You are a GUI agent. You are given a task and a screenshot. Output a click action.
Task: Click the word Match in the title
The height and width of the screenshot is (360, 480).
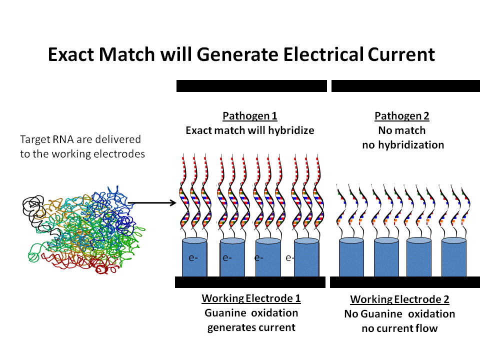(127, 54)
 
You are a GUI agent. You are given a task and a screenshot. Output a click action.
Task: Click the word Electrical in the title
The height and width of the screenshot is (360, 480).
(323, 54)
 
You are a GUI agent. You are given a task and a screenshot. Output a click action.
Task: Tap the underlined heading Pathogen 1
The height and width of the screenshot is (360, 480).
(250, 116)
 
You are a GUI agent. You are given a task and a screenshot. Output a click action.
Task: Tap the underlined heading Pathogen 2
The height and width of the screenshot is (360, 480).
(402, 116)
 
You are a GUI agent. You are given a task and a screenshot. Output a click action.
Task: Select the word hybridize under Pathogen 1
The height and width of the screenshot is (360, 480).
(291, 130)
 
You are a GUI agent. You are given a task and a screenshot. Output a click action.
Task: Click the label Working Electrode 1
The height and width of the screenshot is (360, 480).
(251, 298)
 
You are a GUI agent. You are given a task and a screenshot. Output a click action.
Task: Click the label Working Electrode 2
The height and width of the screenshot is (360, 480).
(399, 299)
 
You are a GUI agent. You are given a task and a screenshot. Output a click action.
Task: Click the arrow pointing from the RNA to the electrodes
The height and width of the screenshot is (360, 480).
(152, 202)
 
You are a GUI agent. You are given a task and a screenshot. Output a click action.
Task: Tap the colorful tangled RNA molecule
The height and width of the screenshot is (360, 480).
(84, 230)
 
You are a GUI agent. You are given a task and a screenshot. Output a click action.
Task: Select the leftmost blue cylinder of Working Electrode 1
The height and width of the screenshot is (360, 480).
(194, 257)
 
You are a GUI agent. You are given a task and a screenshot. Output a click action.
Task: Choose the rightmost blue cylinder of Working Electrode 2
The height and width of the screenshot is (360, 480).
(454, 257)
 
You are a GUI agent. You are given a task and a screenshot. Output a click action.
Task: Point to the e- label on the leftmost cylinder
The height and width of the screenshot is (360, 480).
(193, 258)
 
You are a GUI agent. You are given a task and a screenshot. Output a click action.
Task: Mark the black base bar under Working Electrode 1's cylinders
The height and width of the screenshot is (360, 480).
(250, 282)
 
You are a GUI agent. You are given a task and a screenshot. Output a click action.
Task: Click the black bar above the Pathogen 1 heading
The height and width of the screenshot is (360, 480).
(251, 86)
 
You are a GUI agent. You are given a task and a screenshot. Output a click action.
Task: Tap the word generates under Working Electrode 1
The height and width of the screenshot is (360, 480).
(230, 327)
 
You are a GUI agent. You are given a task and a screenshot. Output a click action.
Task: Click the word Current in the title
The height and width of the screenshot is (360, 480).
(401, 54)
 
